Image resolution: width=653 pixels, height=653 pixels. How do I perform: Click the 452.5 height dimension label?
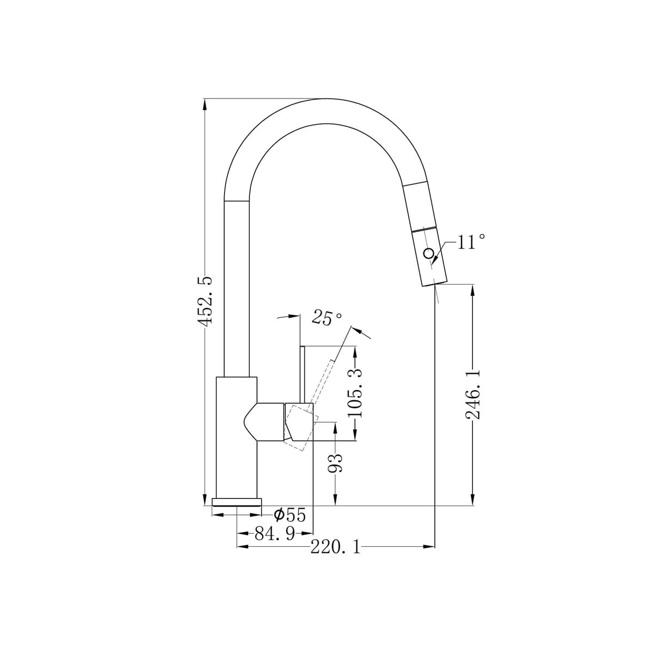tap(205, 299)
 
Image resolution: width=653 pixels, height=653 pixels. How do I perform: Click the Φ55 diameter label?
tap(290, 515)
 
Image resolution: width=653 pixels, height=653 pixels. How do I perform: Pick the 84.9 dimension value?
tap(275, 534)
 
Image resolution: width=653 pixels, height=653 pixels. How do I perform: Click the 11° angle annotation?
tap(471, 242)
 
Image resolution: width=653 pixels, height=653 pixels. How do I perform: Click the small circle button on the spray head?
tap(428, 253)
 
